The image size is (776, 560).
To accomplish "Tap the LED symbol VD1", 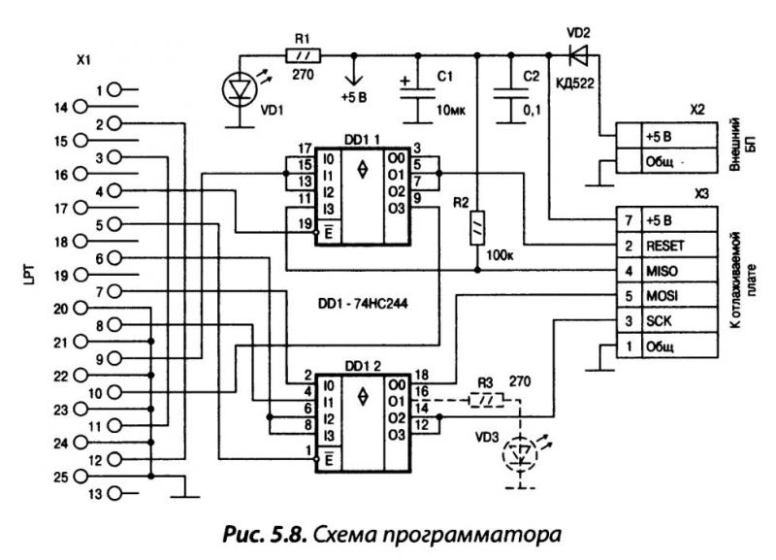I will point(239,88).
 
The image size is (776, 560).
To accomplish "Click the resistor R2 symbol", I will point(476,230).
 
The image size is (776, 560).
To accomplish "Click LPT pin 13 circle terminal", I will point(115,494).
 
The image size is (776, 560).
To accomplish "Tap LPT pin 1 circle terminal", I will point(115,89).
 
